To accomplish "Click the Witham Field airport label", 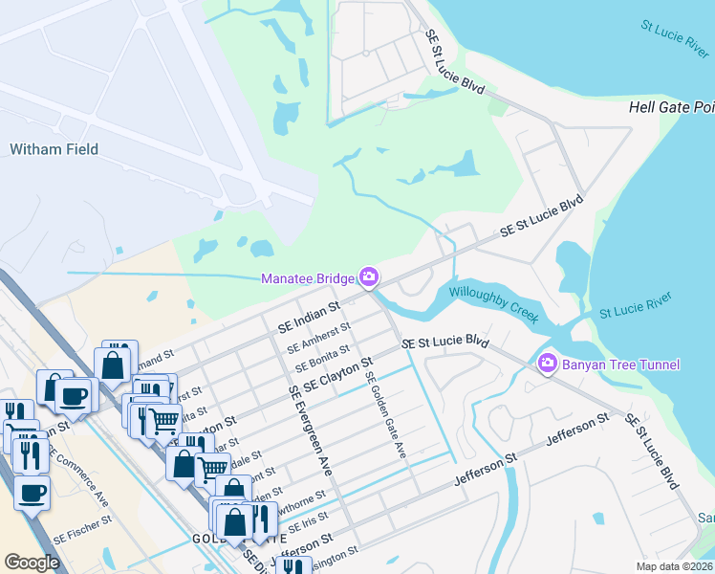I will (54, 149).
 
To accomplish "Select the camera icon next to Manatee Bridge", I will (369, 278).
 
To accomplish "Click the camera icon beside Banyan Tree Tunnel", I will (548, 363).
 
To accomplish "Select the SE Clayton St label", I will (337, 374).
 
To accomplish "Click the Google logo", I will (32, 563).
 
